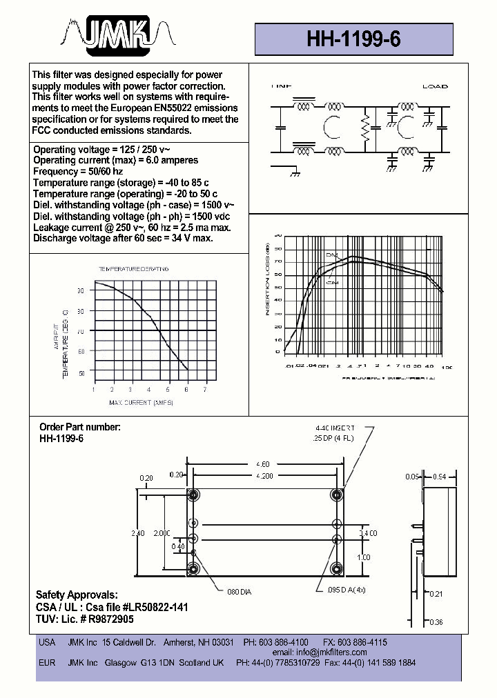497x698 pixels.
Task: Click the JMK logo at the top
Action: point(115,34)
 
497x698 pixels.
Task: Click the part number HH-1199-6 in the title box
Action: point(353,40)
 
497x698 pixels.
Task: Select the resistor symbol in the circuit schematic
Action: point(365,130)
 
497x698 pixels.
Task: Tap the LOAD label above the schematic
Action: point(435,86)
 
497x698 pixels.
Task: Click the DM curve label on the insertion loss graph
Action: point(331,256)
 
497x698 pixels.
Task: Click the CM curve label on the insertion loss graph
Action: point(332,282)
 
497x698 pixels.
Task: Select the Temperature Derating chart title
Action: point(133,268)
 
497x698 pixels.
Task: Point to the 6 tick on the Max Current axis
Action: point(187,390)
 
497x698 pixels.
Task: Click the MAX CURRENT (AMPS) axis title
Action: point(141,402)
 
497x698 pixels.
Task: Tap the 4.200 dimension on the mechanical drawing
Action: point(264,476)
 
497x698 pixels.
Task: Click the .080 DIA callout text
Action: point(239,591)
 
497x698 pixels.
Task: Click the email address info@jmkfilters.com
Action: point(329,652)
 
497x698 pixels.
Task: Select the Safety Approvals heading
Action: point(77,595)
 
